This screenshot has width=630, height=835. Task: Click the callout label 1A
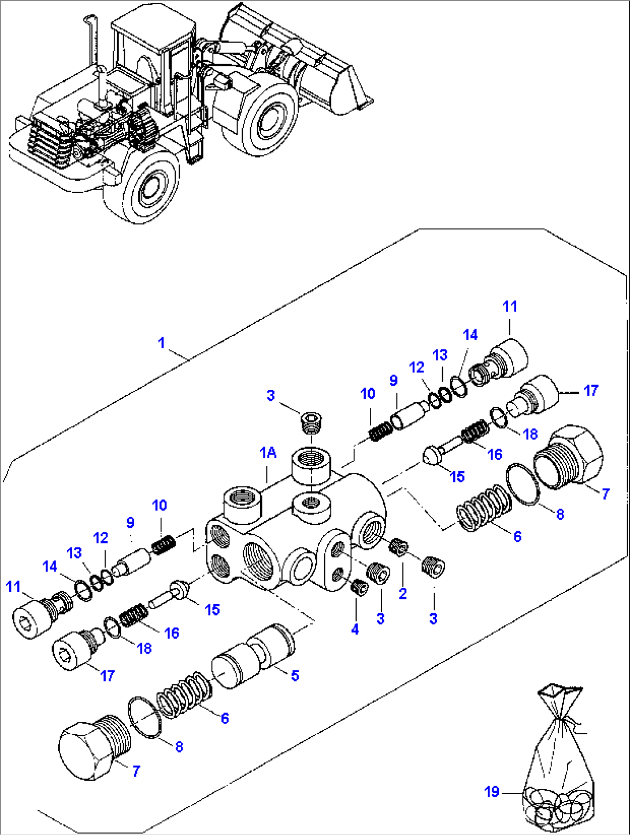268,453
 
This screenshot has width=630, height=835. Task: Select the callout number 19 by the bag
492,791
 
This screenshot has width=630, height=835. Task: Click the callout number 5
295,676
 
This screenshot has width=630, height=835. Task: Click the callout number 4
355,629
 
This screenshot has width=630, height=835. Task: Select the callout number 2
403,594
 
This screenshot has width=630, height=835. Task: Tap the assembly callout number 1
161,343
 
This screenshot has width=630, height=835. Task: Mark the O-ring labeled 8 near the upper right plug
524,483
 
